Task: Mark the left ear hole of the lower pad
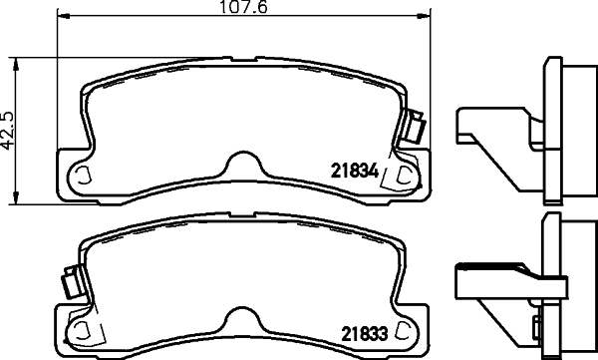click(79, 330)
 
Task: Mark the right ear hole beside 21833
click(403, 330)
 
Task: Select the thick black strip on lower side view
click(489, 267)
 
